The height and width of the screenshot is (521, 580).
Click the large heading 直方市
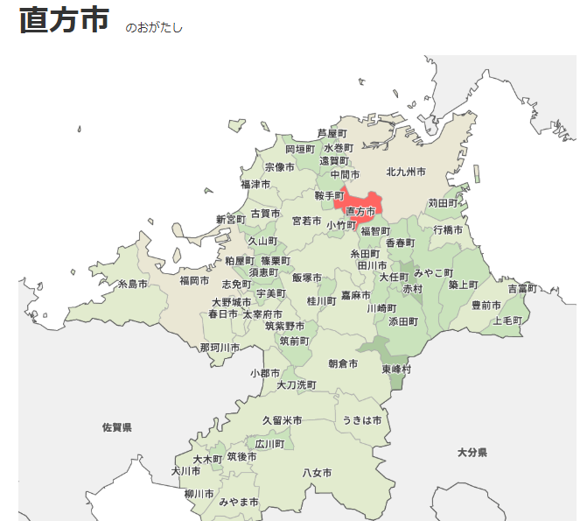tap(65, 21)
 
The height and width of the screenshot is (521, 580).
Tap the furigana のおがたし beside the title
tap(154, 28)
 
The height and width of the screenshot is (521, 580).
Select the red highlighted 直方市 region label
tap(360, 211)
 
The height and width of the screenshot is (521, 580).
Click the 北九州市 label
tap(406, 172)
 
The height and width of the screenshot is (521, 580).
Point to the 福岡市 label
tap(194, 281)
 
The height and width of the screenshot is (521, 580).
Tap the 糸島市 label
tap(133, 284)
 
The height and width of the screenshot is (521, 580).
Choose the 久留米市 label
tap(283, 420)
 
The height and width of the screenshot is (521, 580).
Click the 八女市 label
tap(317, 473)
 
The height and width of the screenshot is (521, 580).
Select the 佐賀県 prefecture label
tap(116, 427)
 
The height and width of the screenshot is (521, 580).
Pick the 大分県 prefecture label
tap(472, 452)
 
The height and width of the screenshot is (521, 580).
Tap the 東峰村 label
tap(396, 370)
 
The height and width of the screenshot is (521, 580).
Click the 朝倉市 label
tap(343, 363)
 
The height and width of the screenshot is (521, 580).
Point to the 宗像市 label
tap(280, 167)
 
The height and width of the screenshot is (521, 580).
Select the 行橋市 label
tap(448, 229)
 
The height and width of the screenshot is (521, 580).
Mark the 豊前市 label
tap(486, 305)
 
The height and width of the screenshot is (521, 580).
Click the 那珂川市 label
tap(220, 348)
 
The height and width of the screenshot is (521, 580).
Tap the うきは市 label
tap(362, 420)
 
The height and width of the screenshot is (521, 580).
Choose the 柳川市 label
tap(199, 494)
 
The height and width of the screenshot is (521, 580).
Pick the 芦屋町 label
tap(332, 133)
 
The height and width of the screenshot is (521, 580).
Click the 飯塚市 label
tap(307, 278)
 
